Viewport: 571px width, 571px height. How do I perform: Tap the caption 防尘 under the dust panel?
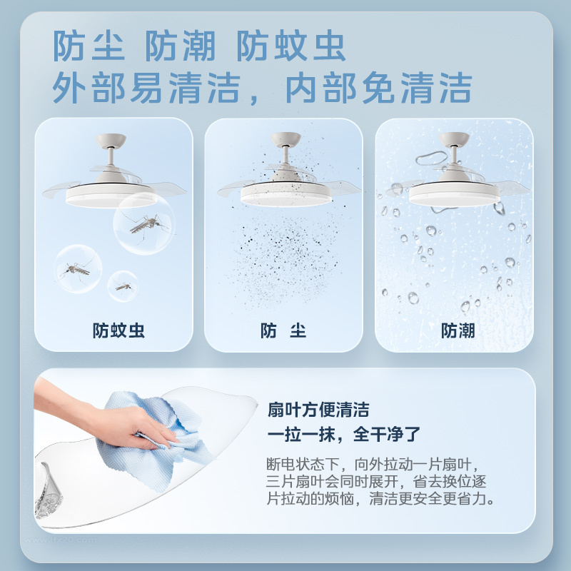(x=283, y=331)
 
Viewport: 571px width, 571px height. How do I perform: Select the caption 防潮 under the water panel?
(x=458, y=331)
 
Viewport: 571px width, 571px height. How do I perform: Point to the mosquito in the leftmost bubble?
(x=76, y=269)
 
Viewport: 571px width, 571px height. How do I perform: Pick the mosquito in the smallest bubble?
(x=123, y=287)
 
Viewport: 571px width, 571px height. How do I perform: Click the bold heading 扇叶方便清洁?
(x=318, y=410)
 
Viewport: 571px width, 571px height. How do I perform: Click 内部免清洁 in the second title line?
(x=378, y=89)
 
